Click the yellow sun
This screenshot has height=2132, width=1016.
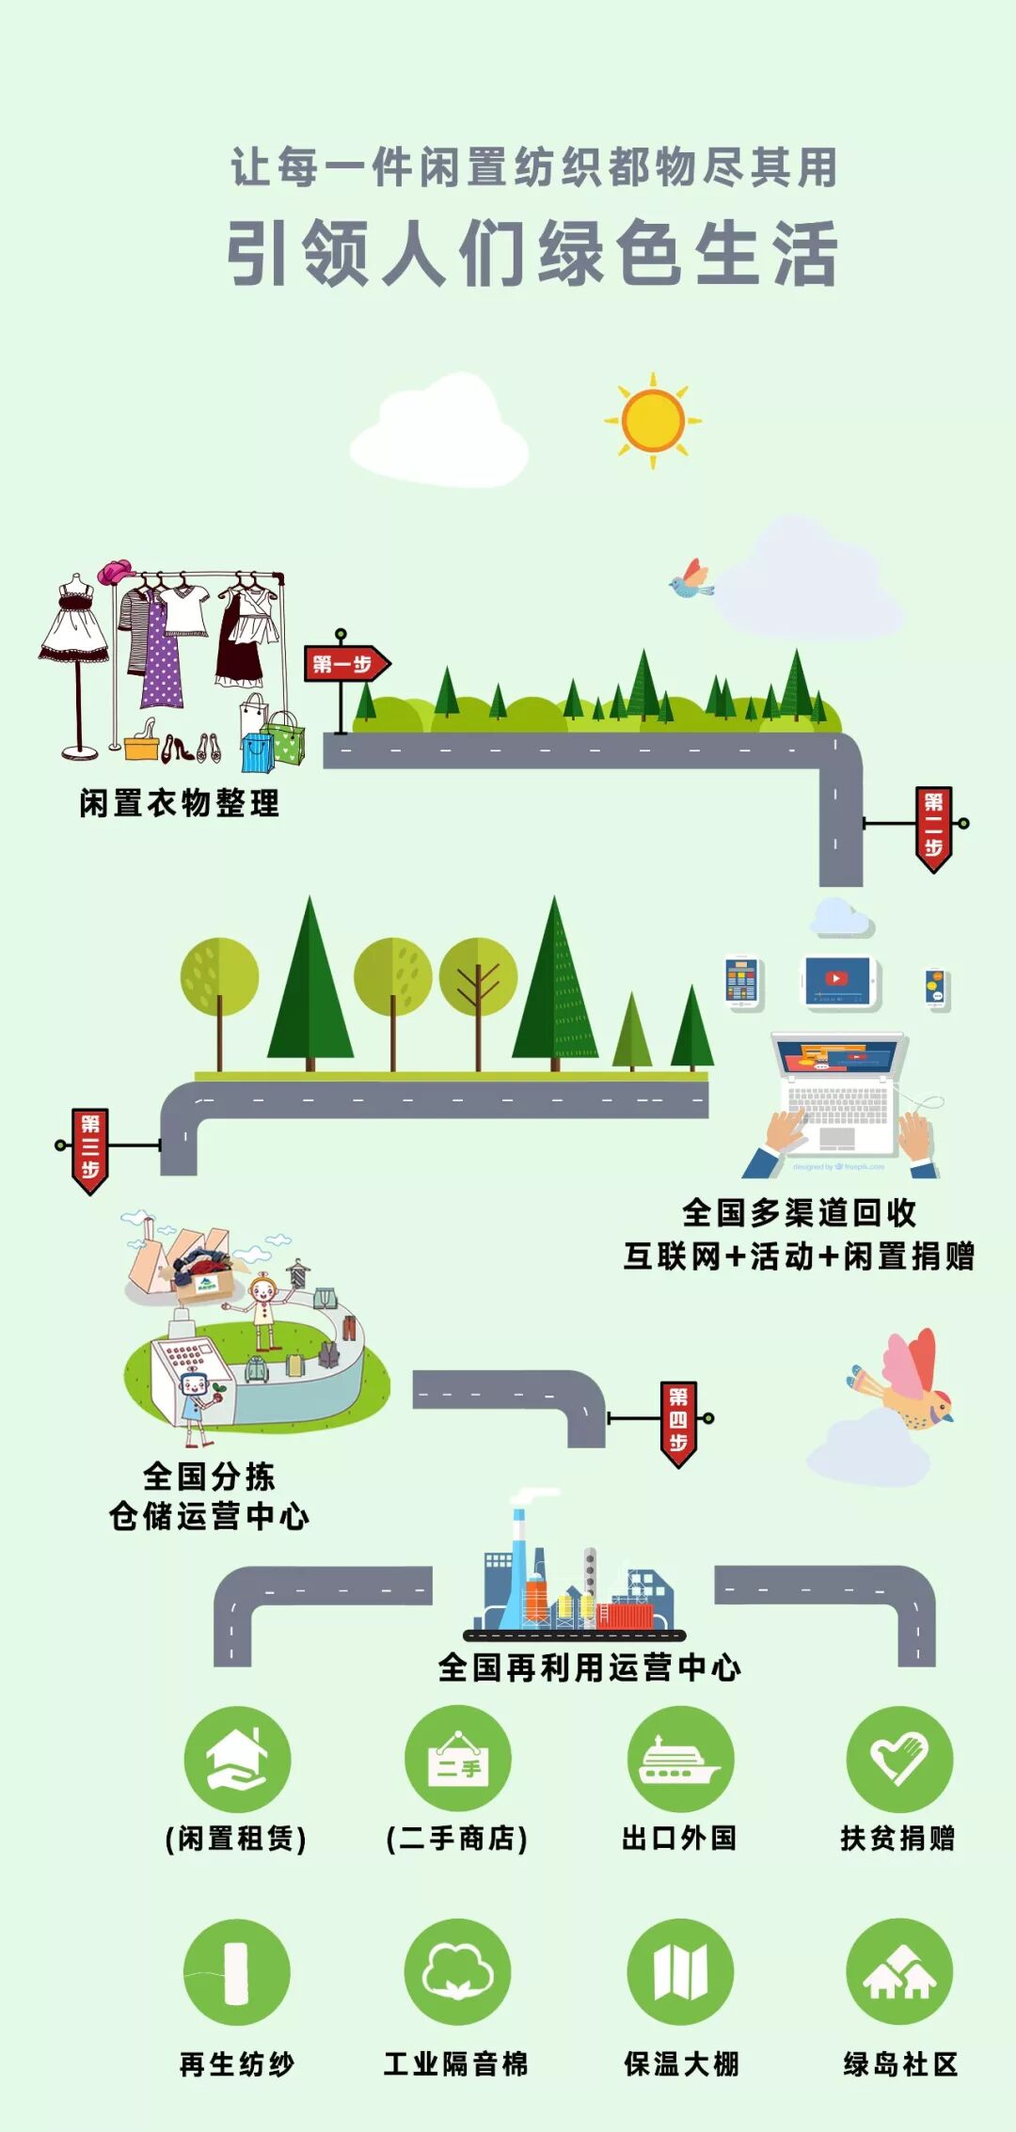[653, 420]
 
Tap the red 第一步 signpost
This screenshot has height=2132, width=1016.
[344, 664]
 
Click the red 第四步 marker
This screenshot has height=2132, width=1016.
[678, 1421]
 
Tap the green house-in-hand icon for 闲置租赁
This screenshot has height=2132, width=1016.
[237, 1759]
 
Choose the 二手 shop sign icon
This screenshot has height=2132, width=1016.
[458, 1759]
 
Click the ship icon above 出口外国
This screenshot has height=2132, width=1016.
[680, 1759]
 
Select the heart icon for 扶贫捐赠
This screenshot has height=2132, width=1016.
[899, 1759]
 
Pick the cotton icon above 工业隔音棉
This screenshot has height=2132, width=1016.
[458, 1971]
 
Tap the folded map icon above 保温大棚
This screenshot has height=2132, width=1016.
[680, 1971]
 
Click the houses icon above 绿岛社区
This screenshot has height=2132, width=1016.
[899, 1971]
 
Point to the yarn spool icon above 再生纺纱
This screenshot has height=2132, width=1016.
[237, 1971]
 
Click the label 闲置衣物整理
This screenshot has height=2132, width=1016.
[180, 803]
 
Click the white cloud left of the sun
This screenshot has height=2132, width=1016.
[439, 434]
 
